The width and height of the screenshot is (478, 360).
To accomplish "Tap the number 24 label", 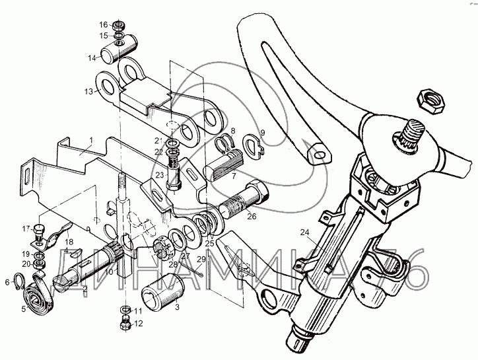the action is [x=304, y=232].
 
